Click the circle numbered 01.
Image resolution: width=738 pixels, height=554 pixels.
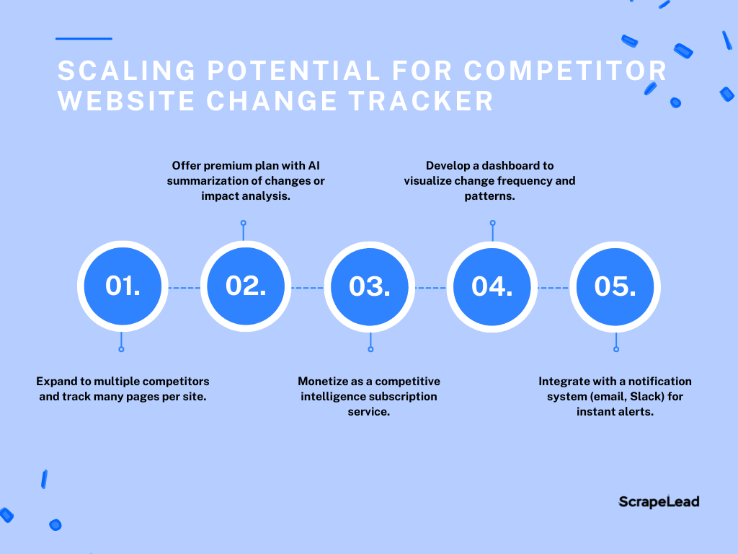(123, 286)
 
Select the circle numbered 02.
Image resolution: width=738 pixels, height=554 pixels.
(246, 286)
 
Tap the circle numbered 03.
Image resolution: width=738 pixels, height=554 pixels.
(370, 287)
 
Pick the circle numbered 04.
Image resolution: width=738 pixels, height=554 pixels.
(492, 287)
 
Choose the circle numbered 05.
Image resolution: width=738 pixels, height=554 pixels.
(615, 287)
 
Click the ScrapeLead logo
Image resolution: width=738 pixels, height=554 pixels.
(659, 502)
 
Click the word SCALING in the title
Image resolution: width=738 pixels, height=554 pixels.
(127, 71)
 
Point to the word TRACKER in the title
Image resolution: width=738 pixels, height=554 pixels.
(421, 101)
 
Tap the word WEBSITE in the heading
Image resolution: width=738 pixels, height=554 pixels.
(126, 101)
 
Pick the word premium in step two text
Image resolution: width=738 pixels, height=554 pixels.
(223, 166)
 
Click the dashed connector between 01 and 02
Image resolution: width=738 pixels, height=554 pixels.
(184, 287)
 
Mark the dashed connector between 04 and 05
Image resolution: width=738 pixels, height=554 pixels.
(553, 287)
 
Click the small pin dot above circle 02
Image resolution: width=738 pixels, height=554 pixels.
(244, 223)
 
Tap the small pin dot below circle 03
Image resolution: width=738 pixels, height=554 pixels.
(371, 349)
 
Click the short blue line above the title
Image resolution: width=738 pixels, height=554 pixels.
(84, 39)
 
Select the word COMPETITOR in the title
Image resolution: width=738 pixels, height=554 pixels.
(565, 71)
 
